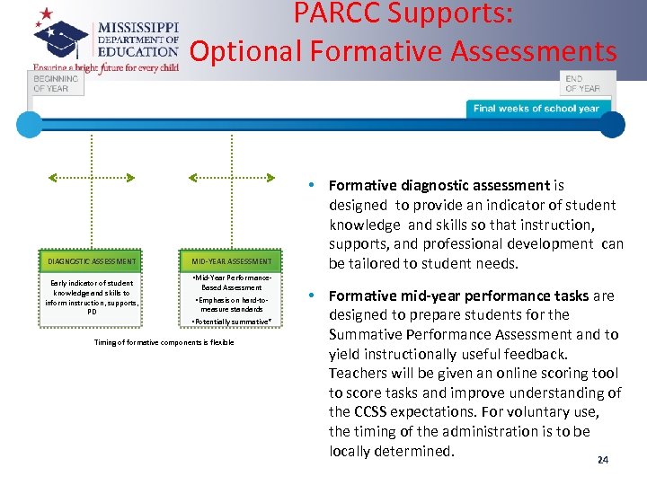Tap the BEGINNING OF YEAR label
pyautogui.click(x=56, y=84)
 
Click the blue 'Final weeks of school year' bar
pyautogui.click(x=536, y=109)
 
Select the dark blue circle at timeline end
pyautogui.click(x=613, y=125)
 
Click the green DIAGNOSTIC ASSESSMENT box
pyautogui.click(x=92, y=261)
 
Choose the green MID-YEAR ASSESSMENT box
pyautogui.click(x=232, y=261)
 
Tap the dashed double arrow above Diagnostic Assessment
pyautogui.click(x=92, y=177)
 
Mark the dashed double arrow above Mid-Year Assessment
pyautogui.click(x=232, y=177)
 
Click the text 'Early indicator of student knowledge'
pyautogui.click(x=91, y=287)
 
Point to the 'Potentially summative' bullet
pyautogui.click(x=232, y=322)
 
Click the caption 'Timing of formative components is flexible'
pyautogui.click(x=164, y=342)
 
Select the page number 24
pyautogui.click(x=602, y=460)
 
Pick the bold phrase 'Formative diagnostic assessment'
pyautogui.click(x=439, y=186)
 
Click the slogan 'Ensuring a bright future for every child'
pyautogui.click(x=106, y=67)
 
